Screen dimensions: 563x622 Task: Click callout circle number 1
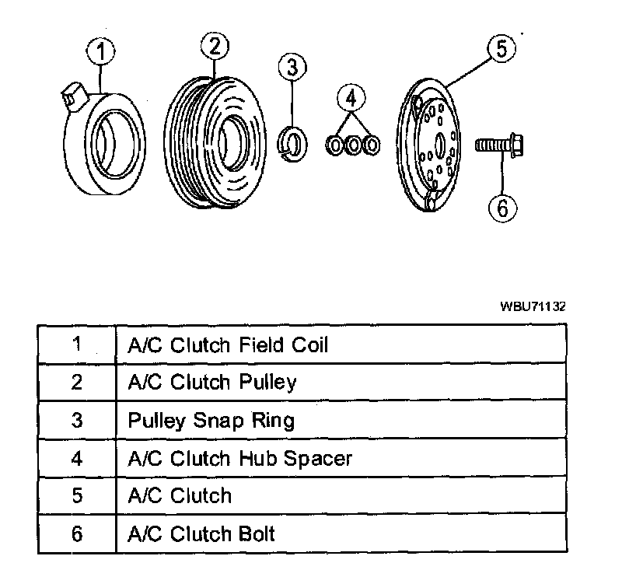pyautogui.click(x=102, y=54)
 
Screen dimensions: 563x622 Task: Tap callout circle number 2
pyautogui.click(x=215, y=46)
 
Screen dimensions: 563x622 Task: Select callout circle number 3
pyautogui.click(x=292, y=68)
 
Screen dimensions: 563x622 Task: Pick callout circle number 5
pyautogui.click(x=501, y=49)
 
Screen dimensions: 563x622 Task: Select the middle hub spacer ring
pyautogui.click(x=354, y=145)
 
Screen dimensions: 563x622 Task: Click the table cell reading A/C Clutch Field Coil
pyautogui.click(x=228, y=344)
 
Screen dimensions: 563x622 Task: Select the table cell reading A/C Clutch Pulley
pyautogui.click(x=212, y=382)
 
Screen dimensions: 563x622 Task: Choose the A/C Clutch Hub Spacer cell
pyautogui.click(x=239, y=458)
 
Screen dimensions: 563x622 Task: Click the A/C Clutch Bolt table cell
pyautogui.click(x=201, y=534)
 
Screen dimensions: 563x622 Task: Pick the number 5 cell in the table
pyautogui.click(x=76, y=496)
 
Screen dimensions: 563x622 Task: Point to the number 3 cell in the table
pyautogui.click(x=76, y=420)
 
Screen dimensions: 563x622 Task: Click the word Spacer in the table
pyautogui.click(x=318, y=459)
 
